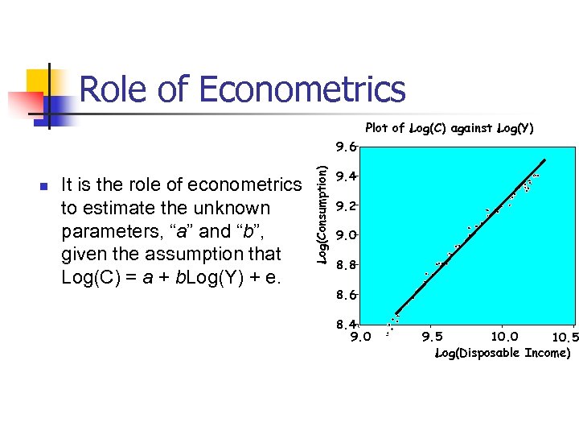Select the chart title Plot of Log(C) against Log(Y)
(x=449, y=128)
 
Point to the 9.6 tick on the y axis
(x=346, y=147)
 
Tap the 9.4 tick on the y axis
(x=346, y=176)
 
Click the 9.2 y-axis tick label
(x=346, y=205)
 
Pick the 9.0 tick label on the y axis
(x=346, y=234)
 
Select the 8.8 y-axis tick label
(x=346, y=264)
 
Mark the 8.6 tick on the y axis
(x=346, y=295)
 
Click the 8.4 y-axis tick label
(x=346, y=324)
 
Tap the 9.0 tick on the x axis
(x=361, y=337)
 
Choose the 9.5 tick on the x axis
(x=432, y=337)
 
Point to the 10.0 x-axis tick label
(x=504, y=337)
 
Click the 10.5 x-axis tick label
(x=565, y=338)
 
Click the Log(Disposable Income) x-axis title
(x=503, y=353)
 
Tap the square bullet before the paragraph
(x=44, y=186)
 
